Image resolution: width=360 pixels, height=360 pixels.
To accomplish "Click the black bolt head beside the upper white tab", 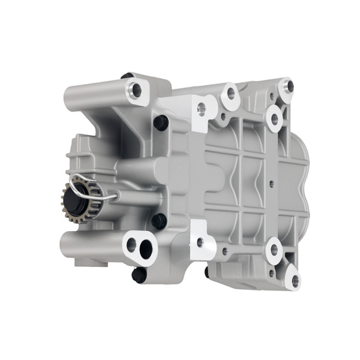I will [x=160, y=123].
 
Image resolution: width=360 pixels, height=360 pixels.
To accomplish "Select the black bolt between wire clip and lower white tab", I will [x=159, y=221].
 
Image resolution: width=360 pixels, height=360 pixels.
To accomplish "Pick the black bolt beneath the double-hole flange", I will [x=138, y=274].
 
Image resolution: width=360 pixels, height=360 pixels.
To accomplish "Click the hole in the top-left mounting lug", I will [x=136, y=91].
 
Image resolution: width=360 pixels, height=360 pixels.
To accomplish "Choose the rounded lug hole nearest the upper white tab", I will [x=231, y=94].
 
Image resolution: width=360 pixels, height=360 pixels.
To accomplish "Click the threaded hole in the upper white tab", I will [x=202, y=109].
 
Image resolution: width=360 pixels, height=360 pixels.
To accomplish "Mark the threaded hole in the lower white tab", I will [x=200, y=243].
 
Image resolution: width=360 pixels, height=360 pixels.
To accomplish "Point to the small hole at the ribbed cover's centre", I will [x=271, y=182].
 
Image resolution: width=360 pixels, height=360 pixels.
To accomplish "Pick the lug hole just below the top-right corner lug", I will [x=275, y=118].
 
